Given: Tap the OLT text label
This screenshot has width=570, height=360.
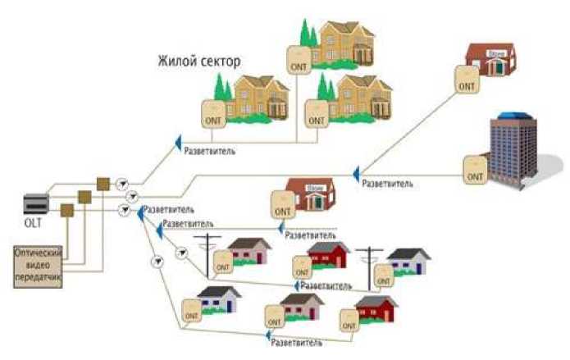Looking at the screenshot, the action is (x=35, y=223).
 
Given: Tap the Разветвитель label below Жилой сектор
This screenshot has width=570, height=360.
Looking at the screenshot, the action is (x=212, y=151).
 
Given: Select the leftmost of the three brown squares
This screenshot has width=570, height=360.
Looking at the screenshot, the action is (x=67, y=210).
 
